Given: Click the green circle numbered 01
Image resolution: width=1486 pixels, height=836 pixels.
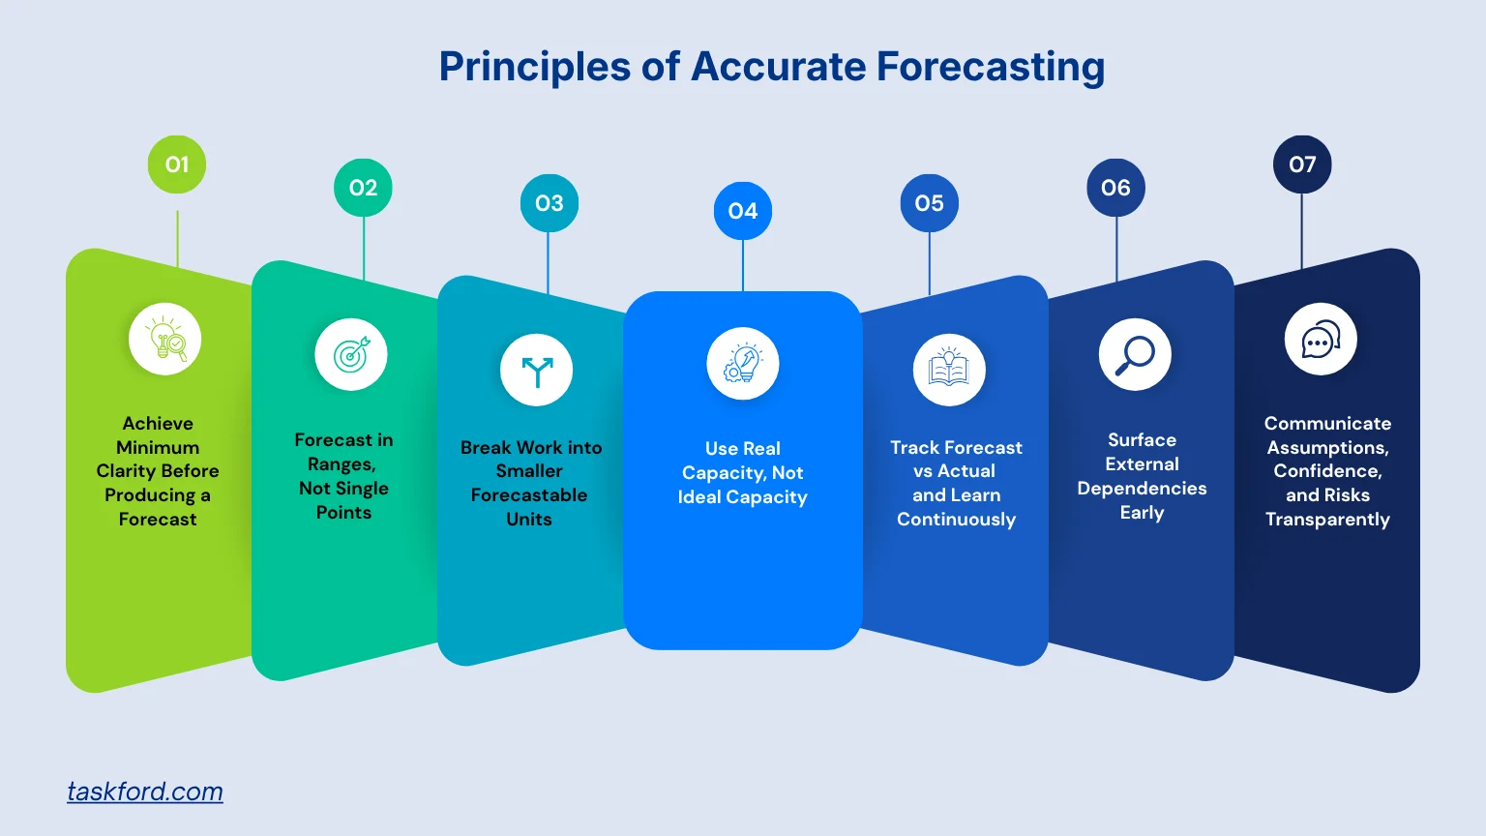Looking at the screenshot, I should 177,164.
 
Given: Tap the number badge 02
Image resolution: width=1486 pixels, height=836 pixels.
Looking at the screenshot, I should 364,188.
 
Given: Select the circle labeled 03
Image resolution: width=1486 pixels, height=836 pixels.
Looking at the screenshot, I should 550,203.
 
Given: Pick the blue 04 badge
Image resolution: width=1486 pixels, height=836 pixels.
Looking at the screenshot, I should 743,211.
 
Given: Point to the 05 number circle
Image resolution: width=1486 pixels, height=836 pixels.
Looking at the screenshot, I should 930,203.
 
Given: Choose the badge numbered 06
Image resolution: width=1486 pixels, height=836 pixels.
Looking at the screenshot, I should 1116,188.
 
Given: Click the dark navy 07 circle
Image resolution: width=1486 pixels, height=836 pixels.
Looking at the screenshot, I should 1302,164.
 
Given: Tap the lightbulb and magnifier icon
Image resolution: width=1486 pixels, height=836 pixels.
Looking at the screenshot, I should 165,340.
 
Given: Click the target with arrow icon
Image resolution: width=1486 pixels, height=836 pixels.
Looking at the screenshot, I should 351,355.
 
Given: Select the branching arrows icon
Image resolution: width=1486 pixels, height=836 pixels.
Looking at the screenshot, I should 537,371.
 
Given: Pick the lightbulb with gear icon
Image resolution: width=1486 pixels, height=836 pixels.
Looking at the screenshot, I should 743,364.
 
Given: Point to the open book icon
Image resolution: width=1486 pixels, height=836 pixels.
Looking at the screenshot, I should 949,371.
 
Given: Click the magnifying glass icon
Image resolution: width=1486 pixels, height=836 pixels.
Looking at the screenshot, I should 1135,355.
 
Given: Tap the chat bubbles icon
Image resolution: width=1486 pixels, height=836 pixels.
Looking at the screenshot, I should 1321,340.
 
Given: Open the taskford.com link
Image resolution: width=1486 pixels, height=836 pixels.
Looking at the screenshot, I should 145,791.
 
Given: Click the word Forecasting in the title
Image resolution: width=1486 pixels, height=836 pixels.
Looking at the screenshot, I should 991,67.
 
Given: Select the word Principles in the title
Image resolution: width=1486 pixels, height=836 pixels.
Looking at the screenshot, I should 534,67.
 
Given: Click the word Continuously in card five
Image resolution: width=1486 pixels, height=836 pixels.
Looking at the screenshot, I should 956,520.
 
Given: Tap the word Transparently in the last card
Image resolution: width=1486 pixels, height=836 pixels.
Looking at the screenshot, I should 1327,520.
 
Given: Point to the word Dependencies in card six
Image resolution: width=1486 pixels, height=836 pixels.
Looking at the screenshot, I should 1142,489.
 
